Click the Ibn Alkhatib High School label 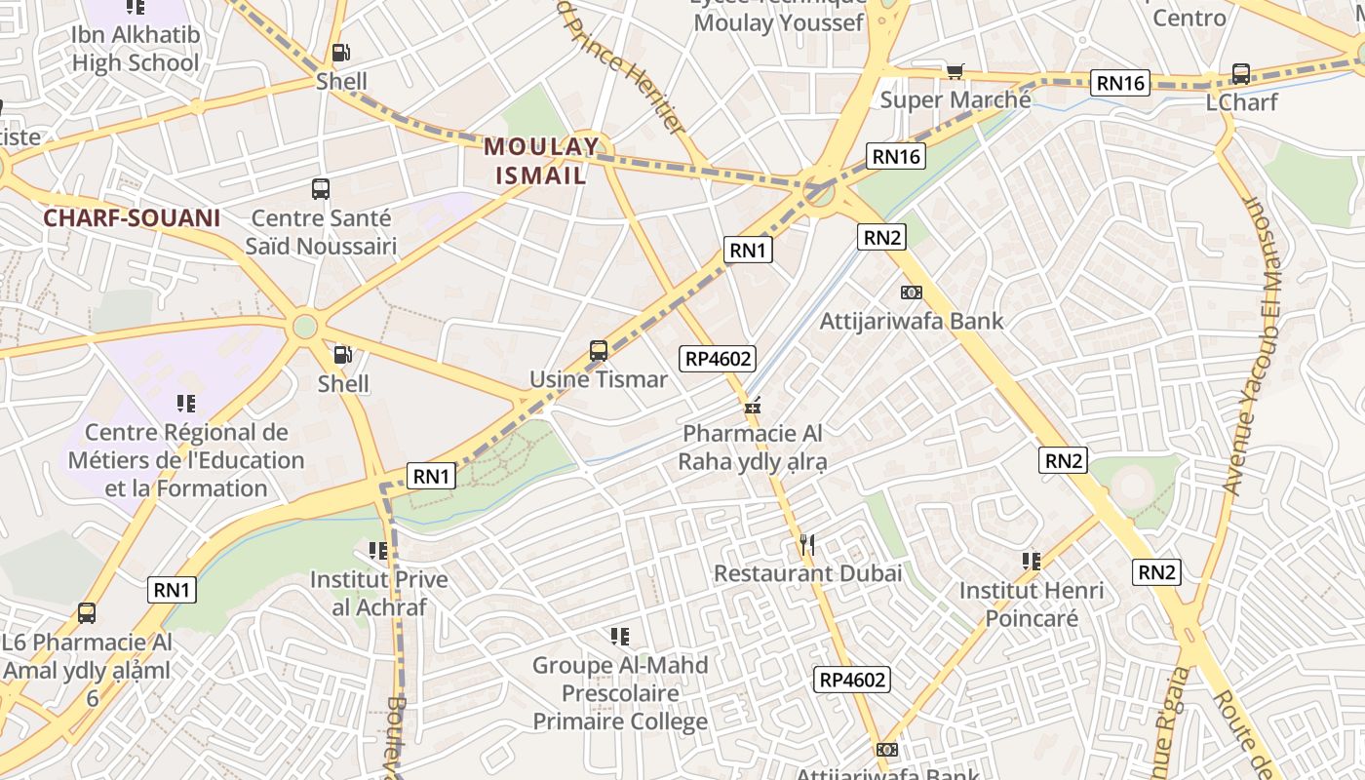click(135, 49)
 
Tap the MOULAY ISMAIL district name click(541, 161)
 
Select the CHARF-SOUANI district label click(132, 217)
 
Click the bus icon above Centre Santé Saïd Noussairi click(321, 189)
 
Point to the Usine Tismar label click(598, 379)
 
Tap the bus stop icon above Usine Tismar click(599, 351)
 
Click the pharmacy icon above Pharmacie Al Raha click(752, 406)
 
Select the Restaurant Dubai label click(807, 573)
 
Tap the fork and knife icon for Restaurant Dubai click(806, 545)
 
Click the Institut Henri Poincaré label click(1032, 604)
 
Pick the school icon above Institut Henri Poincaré click(1032, 561)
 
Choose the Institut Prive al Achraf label click(378, 593)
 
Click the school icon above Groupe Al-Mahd click(620, 637)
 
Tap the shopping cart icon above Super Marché click(955, 71)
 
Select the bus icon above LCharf click(1241, 74)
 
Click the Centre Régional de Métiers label click(185, 460)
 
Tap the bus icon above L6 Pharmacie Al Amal click(87, 613)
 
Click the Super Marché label click(955, 99)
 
